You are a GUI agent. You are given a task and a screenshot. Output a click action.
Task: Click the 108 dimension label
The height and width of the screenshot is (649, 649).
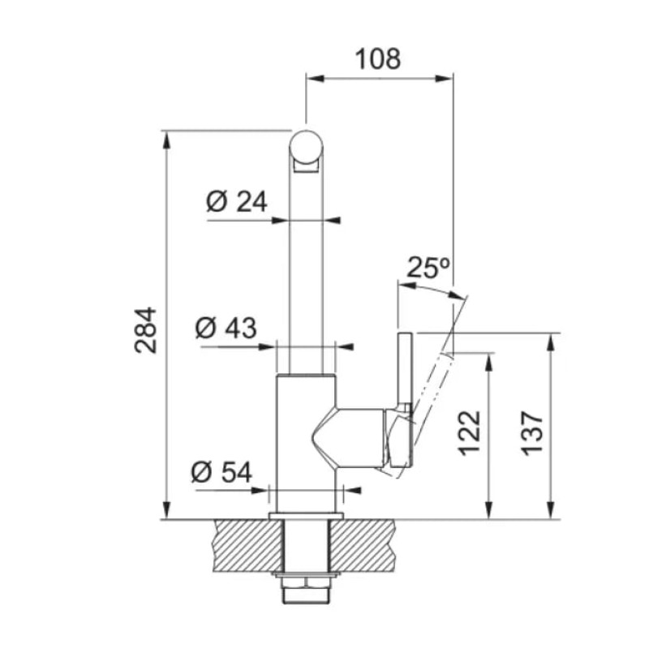378,58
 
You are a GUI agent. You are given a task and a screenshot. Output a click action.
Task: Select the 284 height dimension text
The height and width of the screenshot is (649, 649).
146,330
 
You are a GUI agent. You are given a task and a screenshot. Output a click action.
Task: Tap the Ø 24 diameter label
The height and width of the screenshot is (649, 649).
237,202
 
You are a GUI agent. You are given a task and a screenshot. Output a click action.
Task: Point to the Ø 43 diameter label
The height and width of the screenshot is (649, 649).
226,329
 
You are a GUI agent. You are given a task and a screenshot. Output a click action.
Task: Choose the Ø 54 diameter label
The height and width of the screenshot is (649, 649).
221,472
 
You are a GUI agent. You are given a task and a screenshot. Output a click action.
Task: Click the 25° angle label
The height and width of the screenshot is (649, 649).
428,268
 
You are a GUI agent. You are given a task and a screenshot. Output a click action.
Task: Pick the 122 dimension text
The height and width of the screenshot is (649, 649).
470,433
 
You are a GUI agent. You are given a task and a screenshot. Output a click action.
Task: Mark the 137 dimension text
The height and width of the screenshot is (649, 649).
532,433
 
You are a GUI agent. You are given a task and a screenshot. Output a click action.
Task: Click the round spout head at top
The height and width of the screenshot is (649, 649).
306,148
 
